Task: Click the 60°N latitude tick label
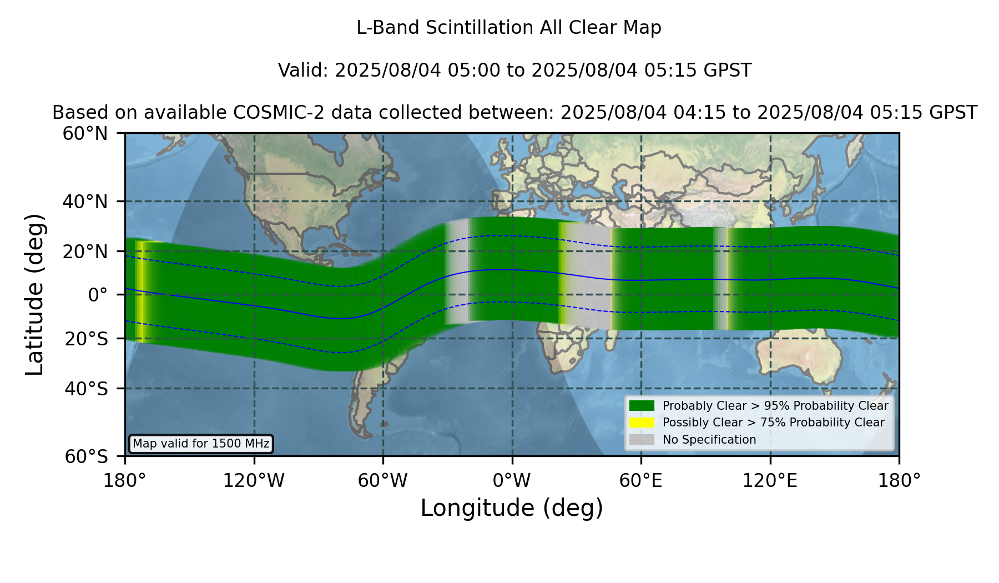[x=85, y=134]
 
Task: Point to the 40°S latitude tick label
[x=86, y=389]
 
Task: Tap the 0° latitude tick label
[x=98, y=295]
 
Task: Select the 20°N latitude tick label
[x=85, y=252]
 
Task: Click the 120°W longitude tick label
[x=254, y=481]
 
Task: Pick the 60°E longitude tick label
[x=641, y=481]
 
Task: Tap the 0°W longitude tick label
[x=512, y=481]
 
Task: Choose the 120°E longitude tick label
[x=770, y=481]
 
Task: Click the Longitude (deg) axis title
[x=512, y=508]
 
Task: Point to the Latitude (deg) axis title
[x=34, y=294]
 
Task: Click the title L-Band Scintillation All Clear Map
[x=509, y=28]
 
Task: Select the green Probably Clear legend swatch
[x=642, y=406]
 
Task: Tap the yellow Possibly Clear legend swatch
[x=642, y=423]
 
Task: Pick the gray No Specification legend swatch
[x=642, y=440]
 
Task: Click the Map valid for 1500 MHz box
[x=201, y=444]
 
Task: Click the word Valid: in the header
[x=304, y=71]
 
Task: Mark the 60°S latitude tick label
[x=86, y=457]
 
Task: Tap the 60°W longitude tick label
[x=382, y=481]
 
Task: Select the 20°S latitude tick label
[x=86, y=339]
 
